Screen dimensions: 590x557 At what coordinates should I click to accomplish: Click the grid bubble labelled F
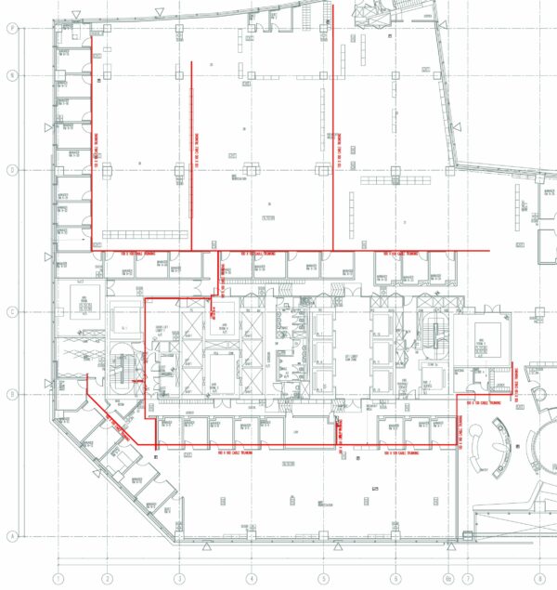coord(12,29)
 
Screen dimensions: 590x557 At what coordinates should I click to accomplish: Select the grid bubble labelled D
coord(12,170)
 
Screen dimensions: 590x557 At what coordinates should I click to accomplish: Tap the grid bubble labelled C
coord(12,312)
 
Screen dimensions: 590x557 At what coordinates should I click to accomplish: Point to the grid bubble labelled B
coord(12,393)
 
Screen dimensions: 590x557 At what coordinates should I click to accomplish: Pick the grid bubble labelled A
coord(12,536)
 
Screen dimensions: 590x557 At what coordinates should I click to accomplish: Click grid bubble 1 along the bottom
coord(58,578)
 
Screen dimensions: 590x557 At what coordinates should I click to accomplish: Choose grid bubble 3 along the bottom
coord(179,578)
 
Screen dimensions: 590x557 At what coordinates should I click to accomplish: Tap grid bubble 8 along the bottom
coord(536,578)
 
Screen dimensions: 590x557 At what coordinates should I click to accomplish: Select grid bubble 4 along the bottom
coord(251,578)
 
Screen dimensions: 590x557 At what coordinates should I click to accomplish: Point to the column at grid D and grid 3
coord(180,170)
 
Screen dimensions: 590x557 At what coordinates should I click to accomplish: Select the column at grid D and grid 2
coord(108,170)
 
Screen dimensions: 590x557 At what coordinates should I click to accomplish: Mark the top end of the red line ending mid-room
coord(191,62)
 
